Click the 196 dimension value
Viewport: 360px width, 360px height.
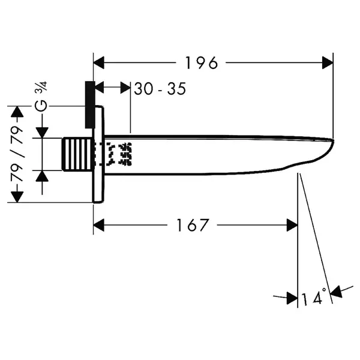(x=202, y=63)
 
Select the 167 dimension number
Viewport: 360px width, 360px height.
(x=193, y=225)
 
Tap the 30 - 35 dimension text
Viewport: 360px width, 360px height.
(x=160, y=89)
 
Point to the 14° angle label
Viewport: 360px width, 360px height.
(x=314, y=297)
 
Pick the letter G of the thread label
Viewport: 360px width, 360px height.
(x=41, y=106)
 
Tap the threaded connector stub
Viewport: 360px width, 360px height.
(x=77, y=154)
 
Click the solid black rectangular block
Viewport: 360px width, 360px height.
(x=90, y=104)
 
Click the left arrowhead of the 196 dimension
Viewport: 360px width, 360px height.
(x=99, y=62)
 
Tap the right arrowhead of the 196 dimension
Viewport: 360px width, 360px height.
(x=328, y=62)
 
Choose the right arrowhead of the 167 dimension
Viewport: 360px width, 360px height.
(x=292, y=225)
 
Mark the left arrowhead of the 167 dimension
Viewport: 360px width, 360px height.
(x=99, y=225)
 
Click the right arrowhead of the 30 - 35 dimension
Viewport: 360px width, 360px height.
(x=125, y=87)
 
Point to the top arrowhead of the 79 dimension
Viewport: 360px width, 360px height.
(x=17, y=112)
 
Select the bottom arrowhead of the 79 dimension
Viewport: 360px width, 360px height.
(x=17, y=197)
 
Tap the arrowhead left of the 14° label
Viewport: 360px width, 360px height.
(x=292, y=298)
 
